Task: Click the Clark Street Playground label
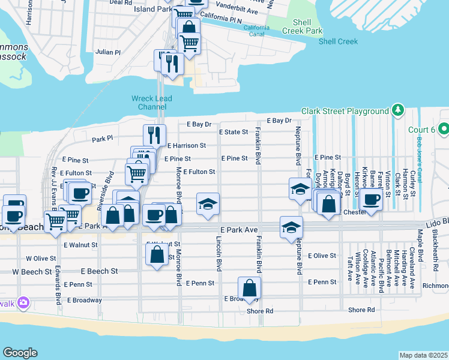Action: (345, 111)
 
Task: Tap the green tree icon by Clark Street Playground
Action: (397, 110)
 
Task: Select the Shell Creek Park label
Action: (307, 26)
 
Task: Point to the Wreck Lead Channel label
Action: (152, 103)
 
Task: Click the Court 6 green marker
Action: (444, 129)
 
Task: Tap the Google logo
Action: (20, 353)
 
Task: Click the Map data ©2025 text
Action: (424, 355)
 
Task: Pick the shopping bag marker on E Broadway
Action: (249, 287)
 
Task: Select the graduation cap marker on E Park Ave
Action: (291, 227)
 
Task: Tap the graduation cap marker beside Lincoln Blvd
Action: (208, 204)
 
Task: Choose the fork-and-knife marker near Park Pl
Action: (154, 135)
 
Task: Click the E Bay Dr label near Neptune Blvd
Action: (279, 121)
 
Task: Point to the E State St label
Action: (234, 132)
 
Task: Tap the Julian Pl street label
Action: (109, 52)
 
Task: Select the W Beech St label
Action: (31, 272)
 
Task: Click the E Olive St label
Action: (322, 256)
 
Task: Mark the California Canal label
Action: (256, 31)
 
